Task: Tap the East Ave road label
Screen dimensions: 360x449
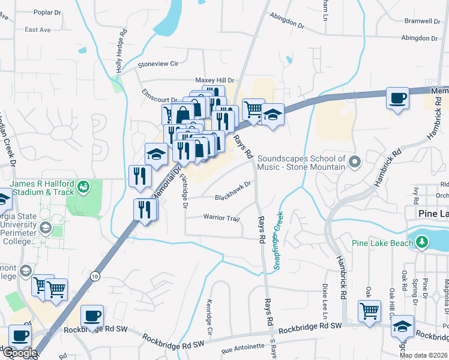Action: [x=38, y=29]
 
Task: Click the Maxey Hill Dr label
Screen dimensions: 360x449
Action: [x=214, y=80]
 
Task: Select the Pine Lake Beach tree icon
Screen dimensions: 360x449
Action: [x=423, y=242]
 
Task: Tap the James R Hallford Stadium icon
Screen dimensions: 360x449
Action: [x=85, y=187]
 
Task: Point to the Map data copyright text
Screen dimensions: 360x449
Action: [x=423, y=355]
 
